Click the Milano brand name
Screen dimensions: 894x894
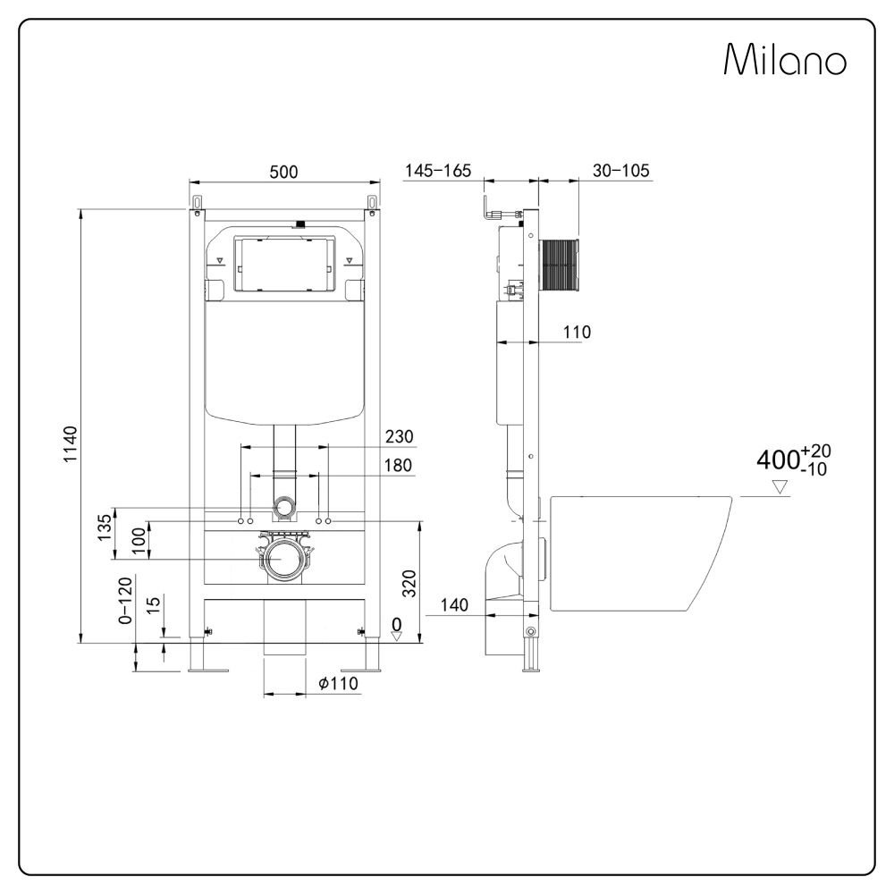coord(785,61)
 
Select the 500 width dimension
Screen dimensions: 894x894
coord(283,172)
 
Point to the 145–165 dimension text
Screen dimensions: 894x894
coord(437,171)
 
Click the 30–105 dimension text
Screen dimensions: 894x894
coord(620,171)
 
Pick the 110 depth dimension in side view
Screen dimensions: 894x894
coord(578,333)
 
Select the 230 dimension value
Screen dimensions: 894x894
coord(399,436)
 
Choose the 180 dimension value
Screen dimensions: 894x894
coord(399,466)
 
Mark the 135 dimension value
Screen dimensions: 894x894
coord(105,527)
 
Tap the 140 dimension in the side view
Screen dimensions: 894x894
coord(454,605)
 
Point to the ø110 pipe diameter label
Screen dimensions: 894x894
coord(338,684)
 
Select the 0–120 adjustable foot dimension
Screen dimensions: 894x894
coord(126,600)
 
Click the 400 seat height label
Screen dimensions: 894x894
coord(792,460)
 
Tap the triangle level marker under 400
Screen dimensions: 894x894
coord(780,487)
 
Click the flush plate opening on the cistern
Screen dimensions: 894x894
coord(283,264)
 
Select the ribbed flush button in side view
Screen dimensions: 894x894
coord(561,266)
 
